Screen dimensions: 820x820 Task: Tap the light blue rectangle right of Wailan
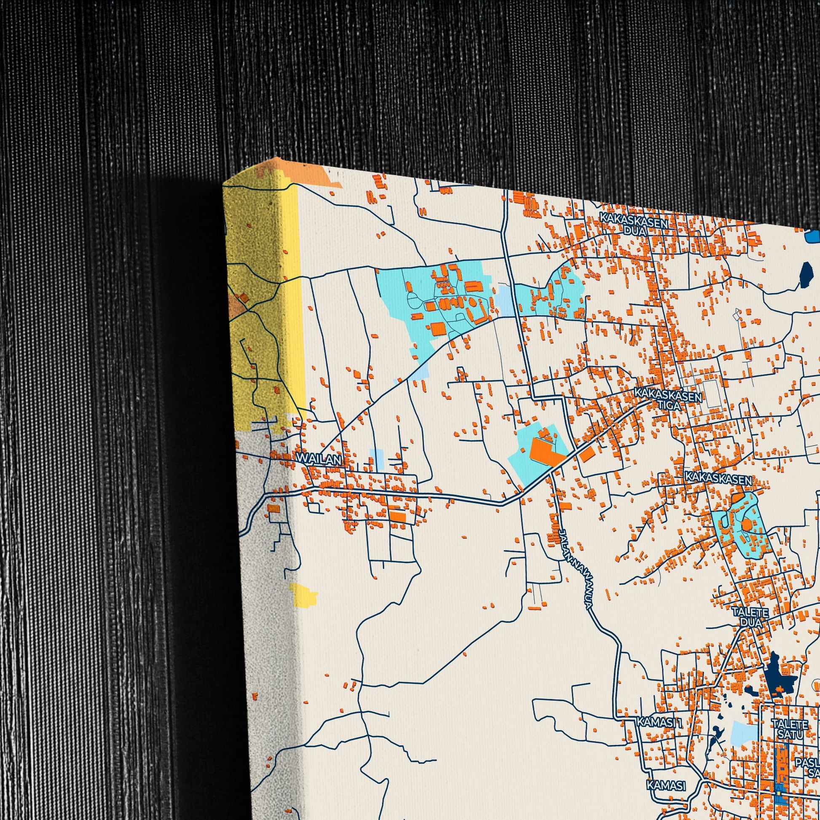tap(376, 458)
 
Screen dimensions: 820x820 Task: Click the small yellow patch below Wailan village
tap(303, 595)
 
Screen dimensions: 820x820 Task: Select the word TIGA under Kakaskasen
tap(669, 405)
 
